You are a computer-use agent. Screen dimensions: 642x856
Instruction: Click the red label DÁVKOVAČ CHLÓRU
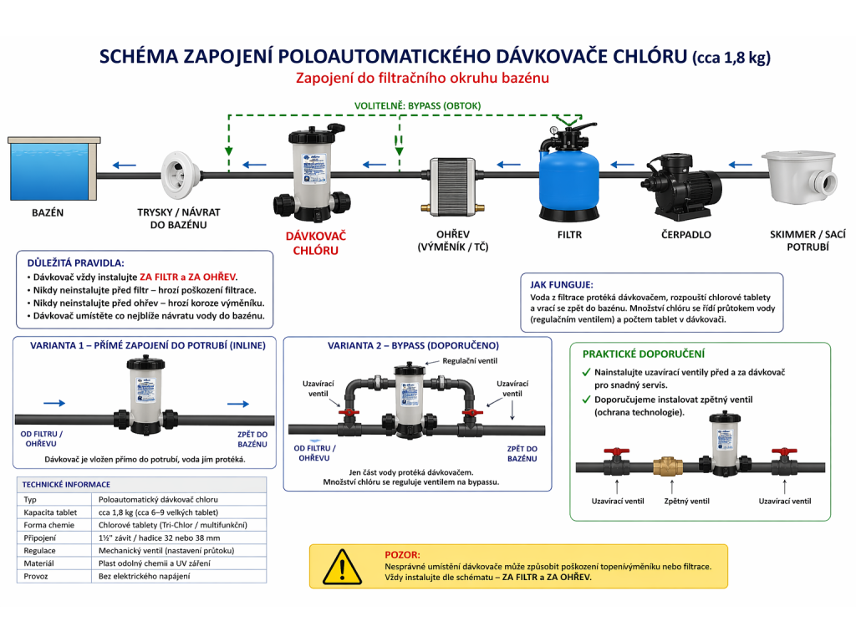315,243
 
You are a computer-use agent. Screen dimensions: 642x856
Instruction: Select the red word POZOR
402,554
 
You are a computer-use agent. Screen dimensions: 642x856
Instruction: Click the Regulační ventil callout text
469,360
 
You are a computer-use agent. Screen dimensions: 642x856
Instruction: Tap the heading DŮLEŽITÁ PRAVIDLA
76,262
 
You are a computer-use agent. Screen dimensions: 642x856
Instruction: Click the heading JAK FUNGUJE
562,284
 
